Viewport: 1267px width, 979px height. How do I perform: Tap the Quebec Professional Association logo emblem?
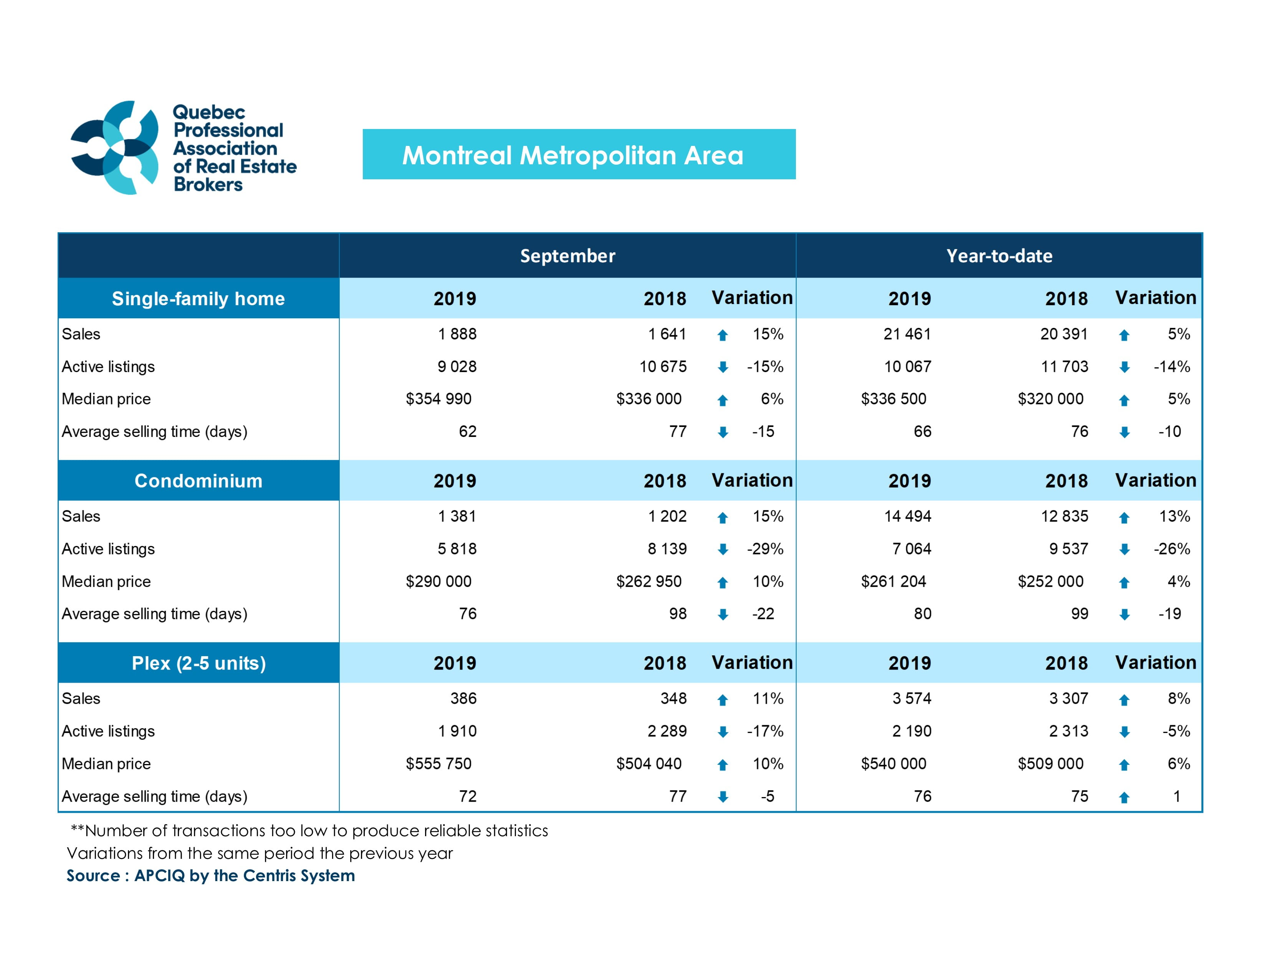point(114,147)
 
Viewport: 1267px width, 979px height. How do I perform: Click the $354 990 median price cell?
point(438,399)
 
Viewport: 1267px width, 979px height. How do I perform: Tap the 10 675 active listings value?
point(663,367)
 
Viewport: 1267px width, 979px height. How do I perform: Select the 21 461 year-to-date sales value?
point(907,334)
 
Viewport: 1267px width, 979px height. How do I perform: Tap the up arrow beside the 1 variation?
point(1124,797)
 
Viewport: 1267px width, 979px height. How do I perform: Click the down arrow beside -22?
point(722,615)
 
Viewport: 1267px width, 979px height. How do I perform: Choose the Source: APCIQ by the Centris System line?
point(210,875)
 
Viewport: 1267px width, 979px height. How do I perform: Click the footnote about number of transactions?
point(309,830)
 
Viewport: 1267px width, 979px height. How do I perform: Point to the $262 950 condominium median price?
point(648,581)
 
